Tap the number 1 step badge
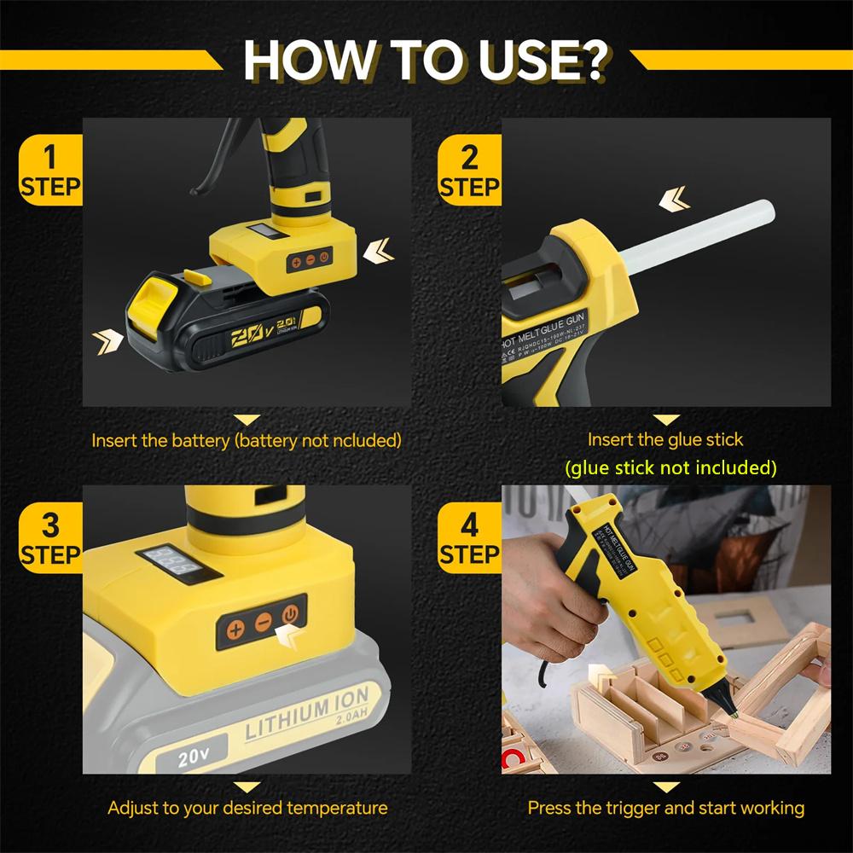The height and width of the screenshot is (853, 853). coord(50,171)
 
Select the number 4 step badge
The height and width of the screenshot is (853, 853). coord(469,538)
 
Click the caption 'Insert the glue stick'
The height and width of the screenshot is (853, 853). coord(665,440)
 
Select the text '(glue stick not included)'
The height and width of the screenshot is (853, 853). coord(670,467)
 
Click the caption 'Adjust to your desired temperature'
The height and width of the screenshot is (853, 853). coord(247,807)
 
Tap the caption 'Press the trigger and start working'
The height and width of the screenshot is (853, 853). coord(665,807)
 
